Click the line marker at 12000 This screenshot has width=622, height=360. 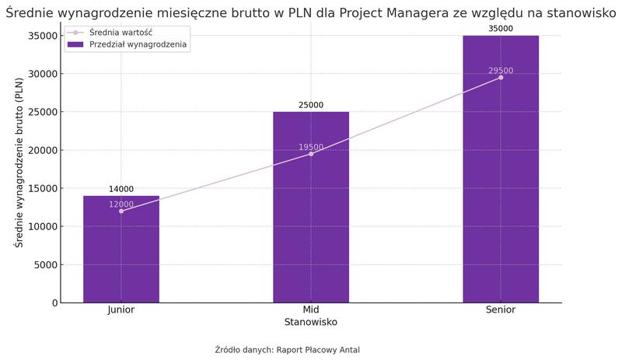121,211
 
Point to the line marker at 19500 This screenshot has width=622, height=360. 311,154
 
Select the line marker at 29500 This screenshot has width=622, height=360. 501,78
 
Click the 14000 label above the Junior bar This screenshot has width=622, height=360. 121,189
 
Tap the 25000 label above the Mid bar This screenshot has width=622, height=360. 311,105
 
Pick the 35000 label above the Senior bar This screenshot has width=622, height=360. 501,29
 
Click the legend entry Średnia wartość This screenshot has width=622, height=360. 117,32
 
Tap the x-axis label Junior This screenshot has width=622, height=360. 121,310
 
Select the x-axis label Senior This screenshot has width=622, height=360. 501,310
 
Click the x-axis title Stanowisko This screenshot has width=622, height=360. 311,322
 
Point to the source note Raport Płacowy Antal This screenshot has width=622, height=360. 318,350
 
